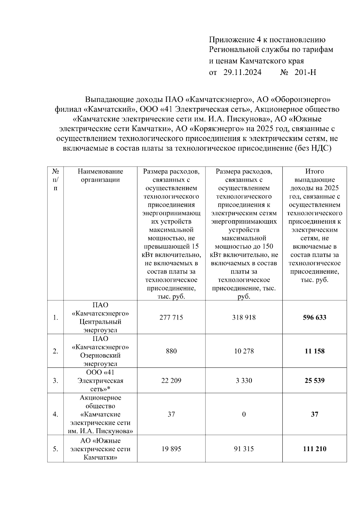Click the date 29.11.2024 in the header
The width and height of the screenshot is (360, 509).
pos(242,72)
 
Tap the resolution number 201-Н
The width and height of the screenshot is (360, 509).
pos(305,72)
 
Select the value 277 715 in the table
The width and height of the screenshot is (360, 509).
pos(171,317)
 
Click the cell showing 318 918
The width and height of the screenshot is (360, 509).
pos(244,317)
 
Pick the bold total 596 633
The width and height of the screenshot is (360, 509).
pos(314,317)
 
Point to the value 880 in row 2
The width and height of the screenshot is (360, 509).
pos(171,351)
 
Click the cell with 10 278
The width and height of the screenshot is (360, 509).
pos(244,351)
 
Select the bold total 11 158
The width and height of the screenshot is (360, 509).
pos(314,351)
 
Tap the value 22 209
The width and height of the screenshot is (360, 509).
pos(171,381)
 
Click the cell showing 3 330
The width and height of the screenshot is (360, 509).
pos(244,381)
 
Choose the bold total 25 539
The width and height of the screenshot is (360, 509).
pos(314,381)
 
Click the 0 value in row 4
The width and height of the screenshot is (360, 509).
pos(244,414)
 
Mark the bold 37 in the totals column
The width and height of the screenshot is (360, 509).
pos(314,414)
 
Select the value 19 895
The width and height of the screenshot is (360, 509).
pos(171,449)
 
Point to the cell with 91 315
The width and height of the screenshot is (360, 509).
pos(244,449)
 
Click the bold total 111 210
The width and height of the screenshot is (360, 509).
pos(314,449)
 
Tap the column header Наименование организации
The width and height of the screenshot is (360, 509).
pos(100,176)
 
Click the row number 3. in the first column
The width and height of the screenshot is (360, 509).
pos(55,381)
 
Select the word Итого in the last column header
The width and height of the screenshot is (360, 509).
pos(314,171)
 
